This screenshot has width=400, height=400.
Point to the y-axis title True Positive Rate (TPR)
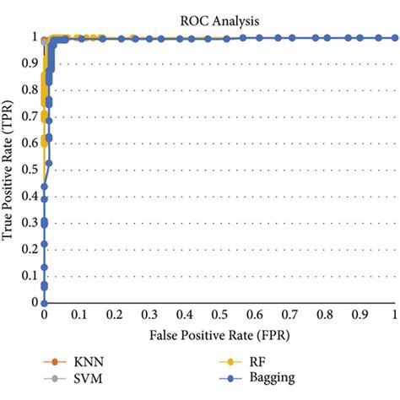[x=9, y=170]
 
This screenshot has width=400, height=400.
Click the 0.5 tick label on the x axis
[x=220, y=314]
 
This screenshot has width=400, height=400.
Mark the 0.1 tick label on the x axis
[x=79, y=314]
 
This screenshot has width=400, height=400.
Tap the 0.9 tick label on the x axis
[x=361, y=314]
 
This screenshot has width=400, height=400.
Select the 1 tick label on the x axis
[x=396, y=314]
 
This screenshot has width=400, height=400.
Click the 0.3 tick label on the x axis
[x=150, y=314]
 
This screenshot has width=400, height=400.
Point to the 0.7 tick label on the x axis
[x=290, y=314]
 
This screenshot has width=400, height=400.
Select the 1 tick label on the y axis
[x=35, y=38]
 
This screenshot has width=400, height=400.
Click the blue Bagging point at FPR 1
[x=396, y=38]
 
